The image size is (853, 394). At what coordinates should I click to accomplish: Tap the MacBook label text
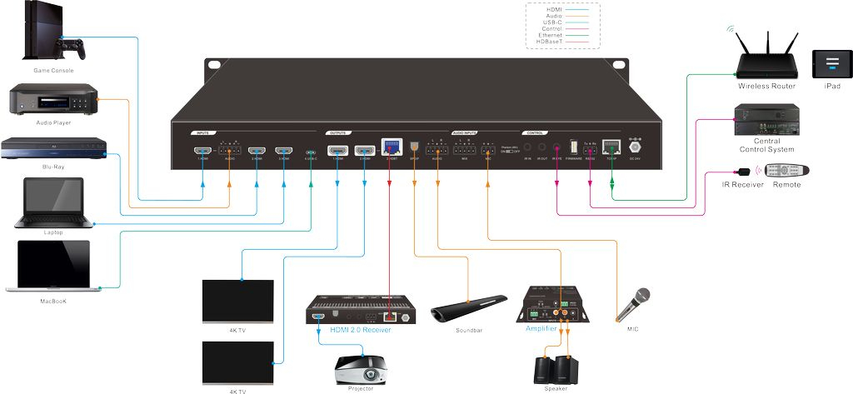pos(53,301)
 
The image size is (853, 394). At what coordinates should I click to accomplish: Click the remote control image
pos(788,170)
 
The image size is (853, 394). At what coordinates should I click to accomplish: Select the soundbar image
pos(469,307)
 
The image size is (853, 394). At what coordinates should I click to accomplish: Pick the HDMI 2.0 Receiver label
pos(360,330)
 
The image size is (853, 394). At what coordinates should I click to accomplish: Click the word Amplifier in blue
pos(541,329)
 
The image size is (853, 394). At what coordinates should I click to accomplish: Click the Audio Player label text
pos(52,122)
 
